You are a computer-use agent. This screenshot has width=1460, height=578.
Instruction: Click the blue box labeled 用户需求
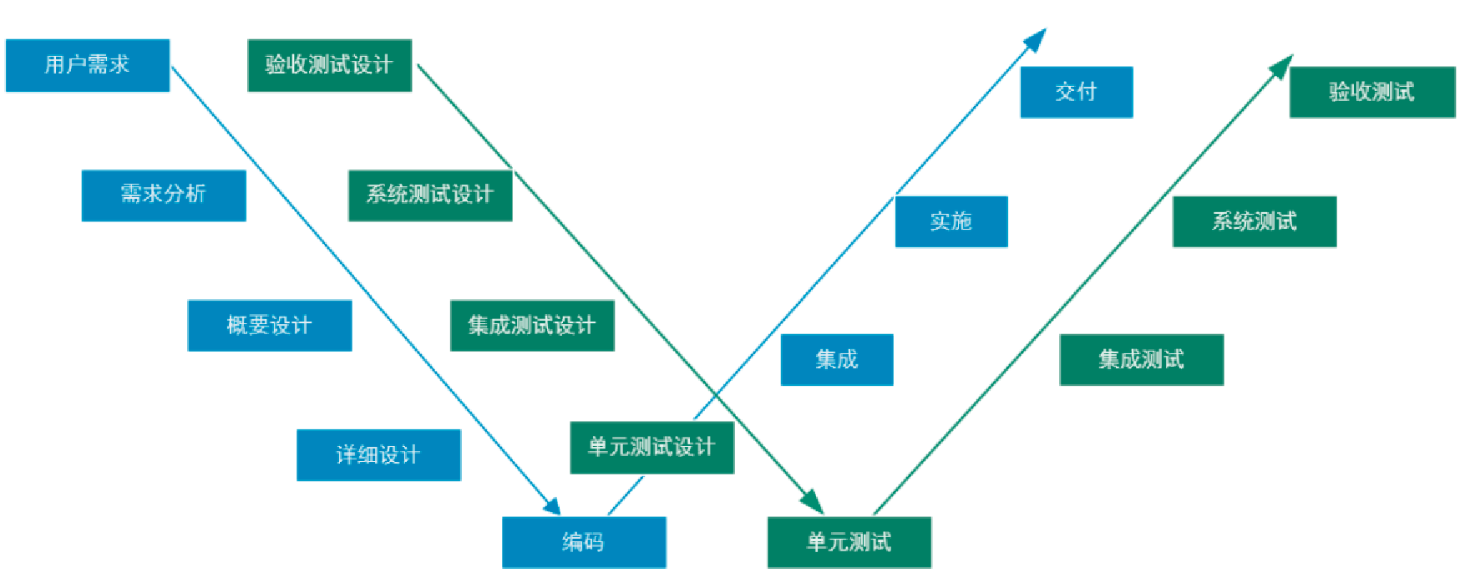coord(87,65)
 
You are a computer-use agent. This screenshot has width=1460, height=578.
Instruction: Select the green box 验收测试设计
coord(329,65)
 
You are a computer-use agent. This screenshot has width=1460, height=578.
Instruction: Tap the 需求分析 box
coord(164,195)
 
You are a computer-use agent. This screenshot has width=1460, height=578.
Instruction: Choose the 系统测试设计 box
coord(429,195)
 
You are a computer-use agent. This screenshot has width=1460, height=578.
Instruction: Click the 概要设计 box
coord(269,326)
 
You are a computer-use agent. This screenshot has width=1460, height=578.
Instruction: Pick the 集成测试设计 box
coord(532,326)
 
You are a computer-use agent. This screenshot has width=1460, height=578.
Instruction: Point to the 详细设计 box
coord(378,455)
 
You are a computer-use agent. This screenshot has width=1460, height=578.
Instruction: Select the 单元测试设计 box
coord(651,448)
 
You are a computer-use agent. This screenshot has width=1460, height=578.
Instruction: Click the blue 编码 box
coord(584,543)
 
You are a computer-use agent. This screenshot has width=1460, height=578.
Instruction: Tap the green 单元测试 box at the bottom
coord(849,543)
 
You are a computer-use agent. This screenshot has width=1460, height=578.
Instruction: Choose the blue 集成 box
coord(836,360)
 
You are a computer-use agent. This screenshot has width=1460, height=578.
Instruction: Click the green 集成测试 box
coord(1141,360)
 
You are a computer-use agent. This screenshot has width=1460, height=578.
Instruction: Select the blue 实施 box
coord(951,222)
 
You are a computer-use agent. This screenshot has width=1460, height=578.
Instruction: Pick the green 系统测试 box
coord(1254,222)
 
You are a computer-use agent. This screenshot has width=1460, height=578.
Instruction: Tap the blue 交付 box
coord(1076,93)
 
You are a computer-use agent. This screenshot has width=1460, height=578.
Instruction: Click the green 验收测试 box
coord(1371,93)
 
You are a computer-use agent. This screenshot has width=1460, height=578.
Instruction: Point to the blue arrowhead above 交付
coord(1037,39)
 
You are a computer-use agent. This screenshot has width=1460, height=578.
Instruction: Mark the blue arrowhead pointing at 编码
coord(552,505)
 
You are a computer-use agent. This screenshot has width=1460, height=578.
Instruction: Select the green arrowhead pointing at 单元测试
coord(813,502)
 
